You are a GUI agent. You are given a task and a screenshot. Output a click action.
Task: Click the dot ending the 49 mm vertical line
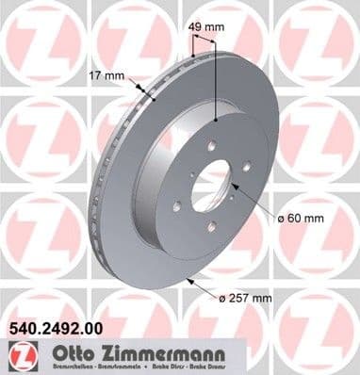click(x=216, y=120)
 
